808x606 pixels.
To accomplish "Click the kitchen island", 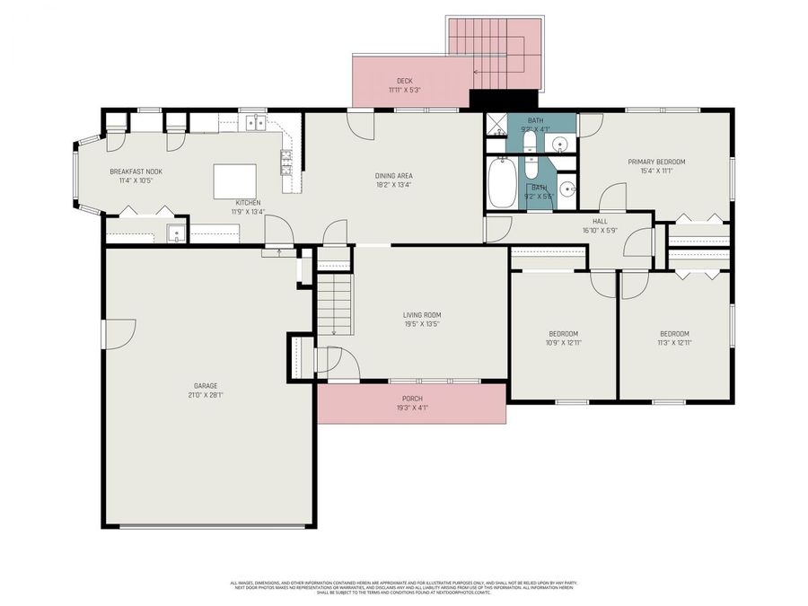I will click(234, 180).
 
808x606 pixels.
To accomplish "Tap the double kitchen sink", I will click(255, 125).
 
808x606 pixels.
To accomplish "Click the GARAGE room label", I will click(206, 385).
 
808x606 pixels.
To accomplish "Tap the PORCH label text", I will click(412, 399).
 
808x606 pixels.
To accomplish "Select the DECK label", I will click(405, 80).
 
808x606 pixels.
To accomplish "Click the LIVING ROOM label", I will click(421, 314).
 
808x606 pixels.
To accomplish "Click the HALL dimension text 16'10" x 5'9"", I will click(601, 231).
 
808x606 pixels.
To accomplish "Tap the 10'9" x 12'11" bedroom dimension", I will click(564, 342).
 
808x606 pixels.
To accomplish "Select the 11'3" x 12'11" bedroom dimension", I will click(673, 342).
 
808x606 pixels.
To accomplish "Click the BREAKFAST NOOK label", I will click(136, 171).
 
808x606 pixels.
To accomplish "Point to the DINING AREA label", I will click(393, 175).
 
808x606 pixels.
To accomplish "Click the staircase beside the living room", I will click(333, 305).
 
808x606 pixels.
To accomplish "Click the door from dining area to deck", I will click(363, 123).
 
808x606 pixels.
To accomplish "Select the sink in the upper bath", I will click(558, 144).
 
